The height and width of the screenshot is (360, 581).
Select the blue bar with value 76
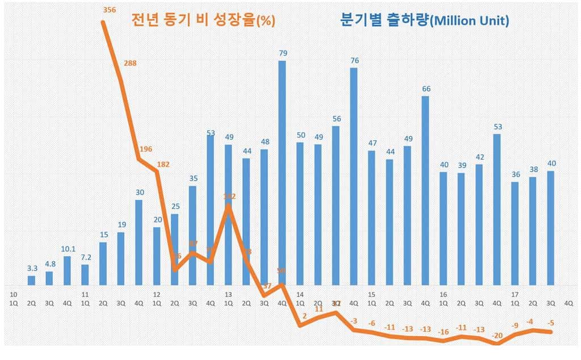pos(353,176)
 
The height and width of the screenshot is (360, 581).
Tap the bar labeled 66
pos(426,190)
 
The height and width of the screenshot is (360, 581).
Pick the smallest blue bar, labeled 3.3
pos(31,281)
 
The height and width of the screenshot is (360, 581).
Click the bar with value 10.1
pos(67,271)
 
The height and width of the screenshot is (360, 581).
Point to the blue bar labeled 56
pos(336,205)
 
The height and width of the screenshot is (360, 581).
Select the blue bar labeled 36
pos(515,233)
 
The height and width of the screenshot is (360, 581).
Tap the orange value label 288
pos(130,63)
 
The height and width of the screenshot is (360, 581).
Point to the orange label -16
pos(444,332)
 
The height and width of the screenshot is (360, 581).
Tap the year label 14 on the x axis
pos(300,295)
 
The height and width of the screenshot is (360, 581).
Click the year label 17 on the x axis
pos(515,295)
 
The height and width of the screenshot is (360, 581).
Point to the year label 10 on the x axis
pos(14,295)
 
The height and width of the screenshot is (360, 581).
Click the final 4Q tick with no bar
pos(568,303)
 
